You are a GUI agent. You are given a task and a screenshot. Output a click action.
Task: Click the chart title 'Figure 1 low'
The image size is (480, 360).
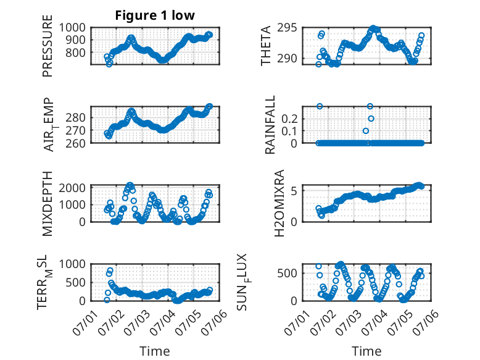tap(155, 15)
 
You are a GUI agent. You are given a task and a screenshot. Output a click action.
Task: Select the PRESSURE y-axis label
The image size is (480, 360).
tap(48, 46)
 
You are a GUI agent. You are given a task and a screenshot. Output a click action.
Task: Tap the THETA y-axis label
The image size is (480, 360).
tap(266, 46)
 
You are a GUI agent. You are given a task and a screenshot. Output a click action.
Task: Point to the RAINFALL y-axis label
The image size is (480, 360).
tap(270, 125)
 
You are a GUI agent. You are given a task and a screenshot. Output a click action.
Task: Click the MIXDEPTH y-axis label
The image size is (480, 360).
tap(48, 204)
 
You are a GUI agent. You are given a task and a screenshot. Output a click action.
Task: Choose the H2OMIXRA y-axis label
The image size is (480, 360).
tap(279, 203)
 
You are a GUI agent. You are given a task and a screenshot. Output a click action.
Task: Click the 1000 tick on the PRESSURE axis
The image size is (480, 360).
tap(72, 28)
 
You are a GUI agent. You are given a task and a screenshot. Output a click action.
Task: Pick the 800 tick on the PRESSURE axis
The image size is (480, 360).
tap(75, 52)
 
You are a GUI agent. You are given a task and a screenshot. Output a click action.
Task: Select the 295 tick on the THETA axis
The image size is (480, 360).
tap(287, 28)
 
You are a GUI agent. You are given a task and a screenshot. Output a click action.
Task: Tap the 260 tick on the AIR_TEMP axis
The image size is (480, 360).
tap(75, 143)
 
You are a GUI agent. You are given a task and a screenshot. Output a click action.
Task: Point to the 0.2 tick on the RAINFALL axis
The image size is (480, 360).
tap(289, 119)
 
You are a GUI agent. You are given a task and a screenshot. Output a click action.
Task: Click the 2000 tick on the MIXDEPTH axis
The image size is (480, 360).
tap(72, 188)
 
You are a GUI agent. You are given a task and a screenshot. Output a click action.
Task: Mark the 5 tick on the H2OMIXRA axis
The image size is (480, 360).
tap(294, 191)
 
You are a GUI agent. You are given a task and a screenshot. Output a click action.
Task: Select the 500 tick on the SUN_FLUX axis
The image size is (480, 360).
tap(287, 273)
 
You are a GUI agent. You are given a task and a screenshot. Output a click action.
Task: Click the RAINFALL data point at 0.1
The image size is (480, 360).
tap(365, 131)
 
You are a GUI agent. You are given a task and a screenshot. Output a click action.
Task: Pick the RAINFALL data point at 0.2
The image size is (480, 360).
tap(371, 119)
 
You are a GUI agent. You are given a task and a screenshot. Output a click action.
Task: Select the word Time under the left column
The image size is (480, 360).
tap(155, 351)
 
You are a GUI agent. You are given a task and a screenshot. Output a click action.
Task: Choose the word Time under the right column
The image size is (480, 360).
tap(366, 351)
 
